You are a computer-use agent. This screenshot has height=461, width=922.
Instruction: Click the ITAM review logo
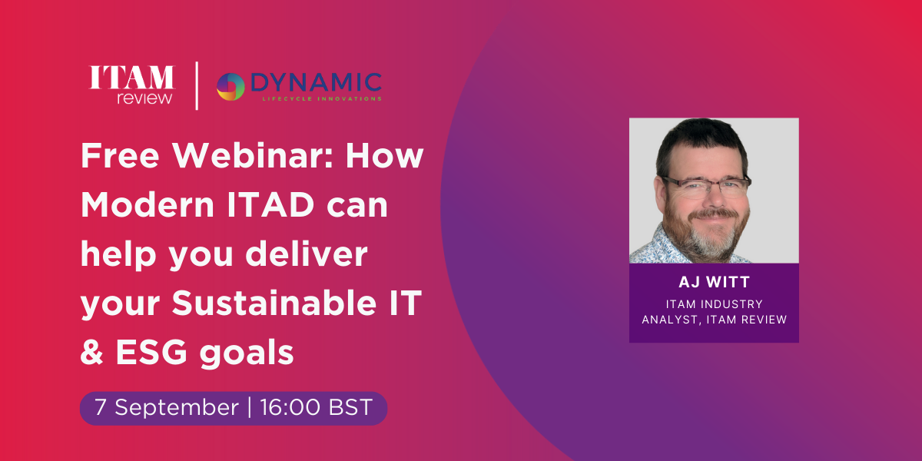click(x=131, y=85)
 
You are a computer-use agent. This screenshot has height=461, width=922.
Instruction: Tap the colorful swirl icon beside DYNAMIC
click(x=230, y=86)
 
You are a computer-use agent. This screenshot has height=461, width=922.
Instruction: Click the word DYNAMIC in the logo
click(x=316, y=82)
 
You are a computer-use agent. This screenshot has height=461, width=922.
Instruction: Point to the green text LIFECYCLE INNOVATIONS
click(x=322, y=99)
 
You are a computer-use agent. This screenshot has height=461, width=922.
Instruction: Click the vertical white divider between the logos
click(x=197, y=85)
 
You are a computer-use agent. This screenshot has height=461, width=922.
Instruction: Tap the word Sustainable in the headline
click(x=274, y=303)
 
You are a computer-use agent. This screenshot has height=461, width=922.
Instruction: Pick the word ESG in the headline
click(x=151, y=353)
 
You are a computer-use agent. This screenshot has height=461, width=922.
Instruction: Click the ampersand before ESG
click(x=91, y=353)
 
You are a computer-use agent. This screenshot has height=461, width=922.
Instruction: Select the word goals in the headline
click(x=247, y=354)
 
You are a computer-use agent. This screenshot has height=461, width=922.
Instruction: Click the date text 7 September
click(x=167, y=407)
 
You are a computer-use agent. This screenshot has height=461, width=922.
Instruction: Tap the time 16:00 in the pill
click(x=290, y=407)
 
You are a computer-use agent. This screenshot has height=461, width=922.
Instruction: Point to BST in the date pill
click(x=350, y=407)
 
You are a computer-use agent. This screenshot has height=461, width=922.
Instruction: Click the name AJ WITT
click(x=714, y=282)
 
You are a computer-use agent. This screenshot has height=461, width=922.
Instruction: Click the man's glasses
click(x=706, y=185)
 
